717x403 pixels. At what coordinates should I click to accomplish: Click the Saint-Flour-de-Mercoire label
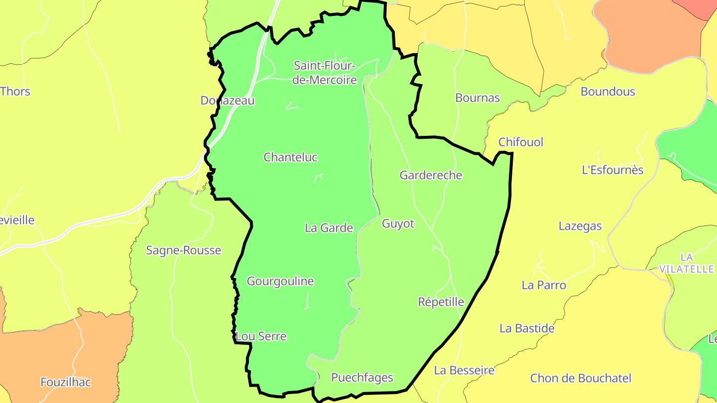[325, 73]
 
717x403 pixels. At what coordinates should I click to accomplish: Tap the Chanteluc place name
[290, 157]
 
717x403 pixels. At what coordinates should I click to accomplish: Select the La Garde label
[329, 228]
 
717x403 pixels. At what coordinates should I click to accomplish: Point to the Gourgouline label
[280, 282]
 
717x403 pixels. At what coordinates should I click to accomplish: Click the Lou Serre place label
[261, 336]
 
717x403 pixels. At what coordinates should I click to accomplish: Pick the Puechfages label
[362, 378]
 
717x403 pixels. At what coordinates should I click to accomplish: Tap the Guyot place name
[398, 224]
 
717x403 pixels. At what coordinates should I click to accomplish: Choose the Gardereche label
[431, 175]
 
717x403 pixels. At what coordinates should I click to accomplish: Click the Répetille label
[441, 302]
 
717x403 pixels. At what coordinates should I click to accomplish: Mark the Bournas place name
[477, 98]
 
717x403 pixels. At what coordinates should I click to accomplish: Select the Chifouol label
[521, 142]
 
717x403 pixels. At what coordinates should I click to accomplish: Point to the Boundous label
[607, 92]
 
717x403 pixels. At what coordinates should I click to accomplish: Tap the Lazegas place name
[580, 226]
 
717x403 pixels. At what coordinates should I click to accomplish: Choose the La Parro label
[544, 285]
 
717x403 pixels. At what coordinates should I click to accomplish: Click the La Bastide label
[527, 328]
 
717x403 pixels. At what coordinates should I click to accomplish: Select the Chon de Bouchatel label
[581, 378]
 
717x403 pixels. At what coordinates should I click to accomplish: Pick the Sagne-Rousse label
[183, 250]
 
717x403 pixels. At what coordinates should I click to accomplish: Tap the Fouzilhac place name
[66, 382]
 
